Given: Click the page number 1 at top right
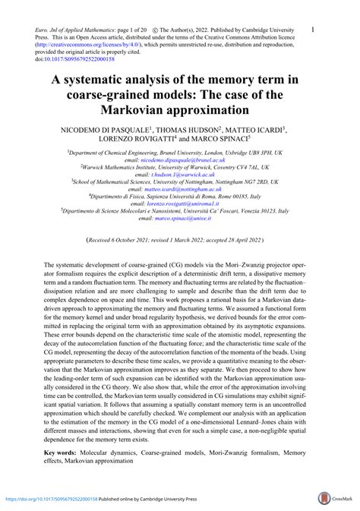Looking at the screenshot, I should pos(314,30).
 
